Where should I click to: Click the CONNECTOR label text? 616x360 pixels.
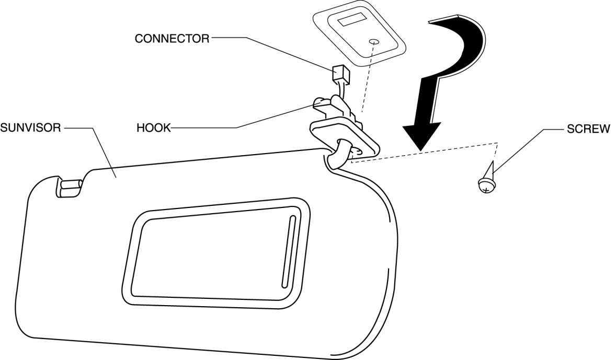point(172,39)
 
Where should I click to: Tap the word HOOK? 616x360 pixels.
point(153,127)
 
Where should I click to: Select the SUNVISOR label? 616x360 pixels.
point(31,127)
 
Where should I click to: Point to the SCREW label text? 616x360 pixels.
point(588,129)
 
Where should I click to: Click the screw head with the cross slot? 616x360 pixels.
point(486,185)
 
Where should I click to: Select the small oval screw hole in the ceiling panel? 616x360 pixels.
point(375,42)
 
